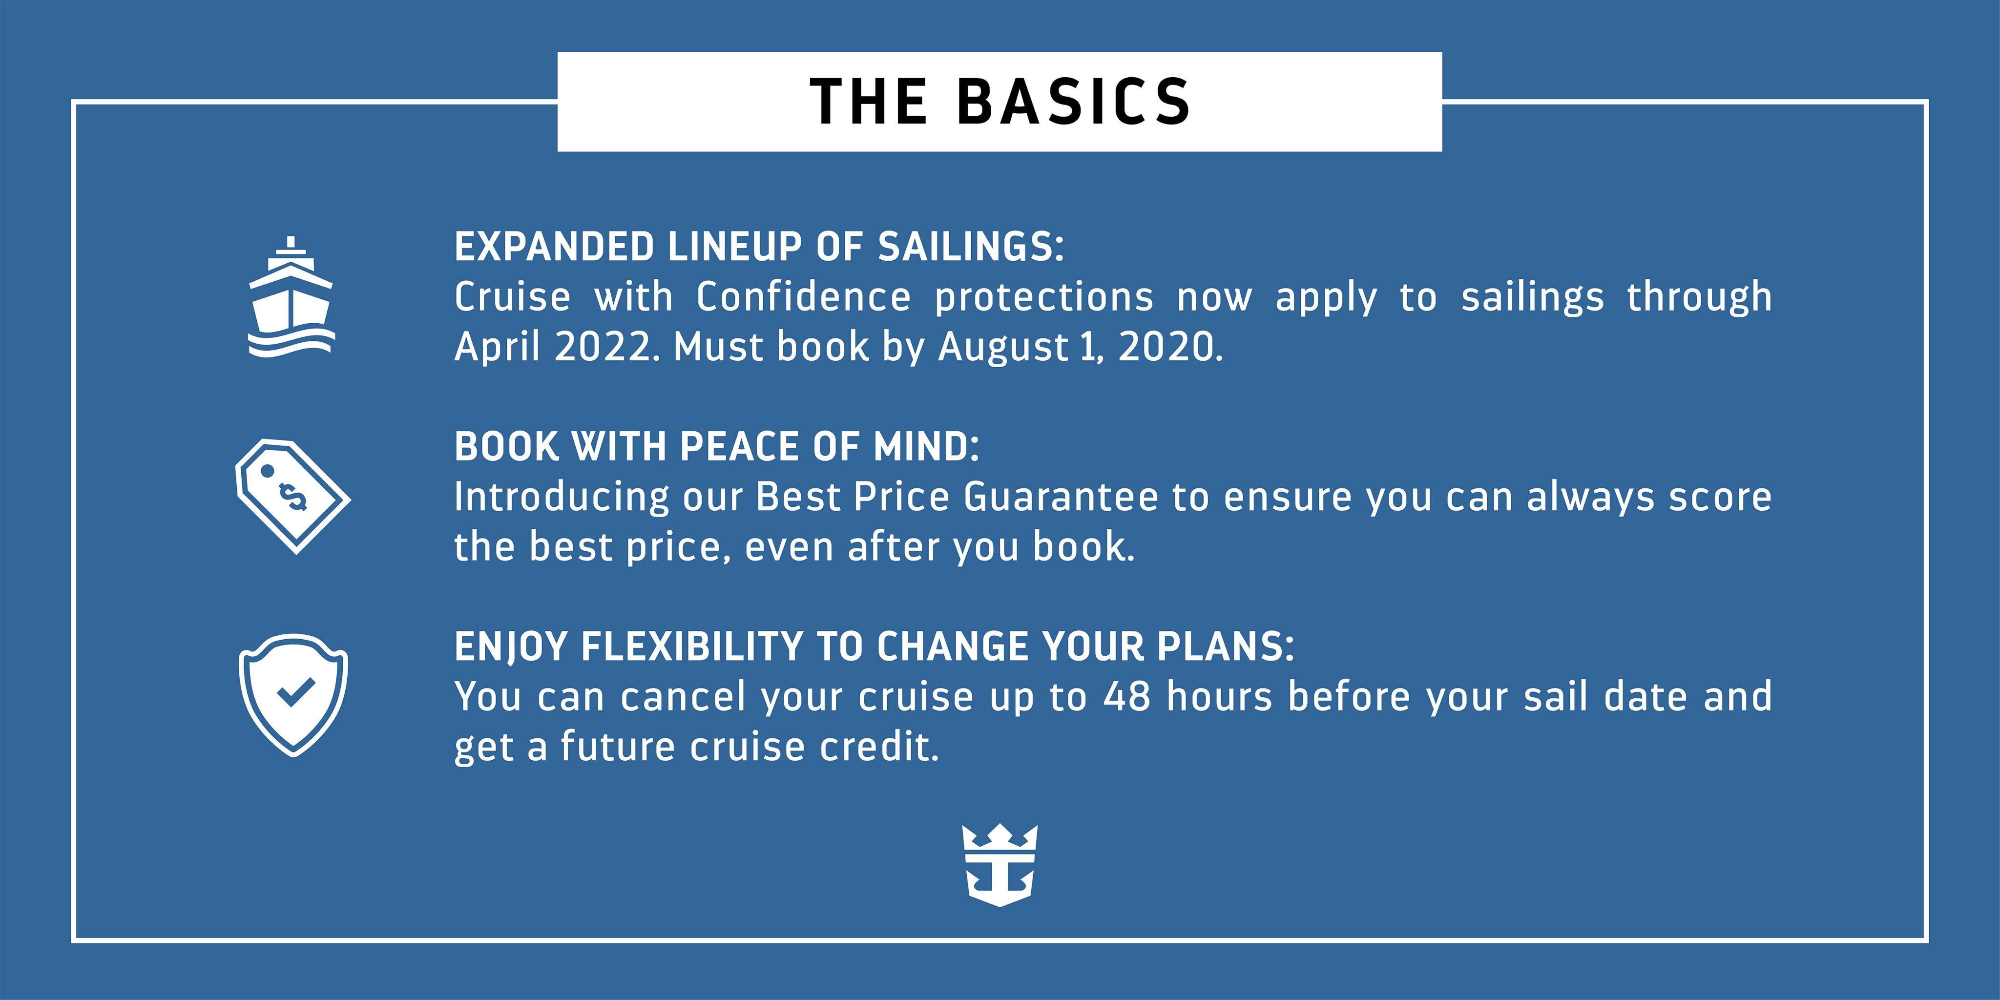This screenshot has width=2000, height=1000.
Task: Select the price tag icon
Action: coord(292,496)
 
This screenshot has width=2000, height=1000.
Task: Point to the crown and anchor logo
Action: coord(1000,865)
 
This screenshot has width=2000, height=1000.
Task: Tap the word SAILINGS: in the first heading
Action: coord(971,247)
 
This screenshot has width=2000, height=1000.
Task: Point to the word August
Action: coord(1003,347)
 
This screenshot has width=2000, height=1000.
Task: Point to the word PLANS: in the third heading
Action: coord(1226,647)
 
